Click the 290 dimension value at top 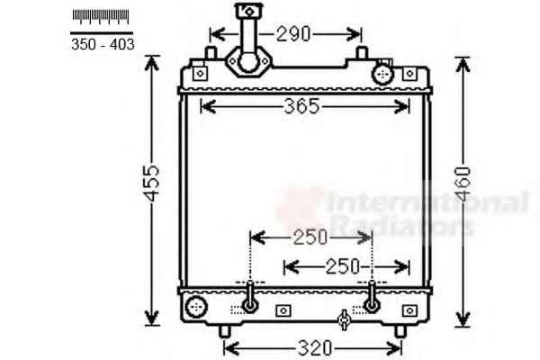pos(293,34)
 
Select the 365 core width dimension pos(302,106)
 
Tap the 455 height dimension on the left pos(152,184)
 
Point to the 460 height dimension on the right pos(463,184)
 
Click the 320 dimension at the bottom pos(315,348)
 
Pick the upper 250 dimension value pos(310,238)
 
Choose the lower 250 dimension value pos(343,266)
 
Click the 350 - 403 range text pos(103,44)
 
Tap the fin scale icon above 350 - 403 pos(101,16)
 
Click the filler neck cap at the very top pos(248,10)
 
